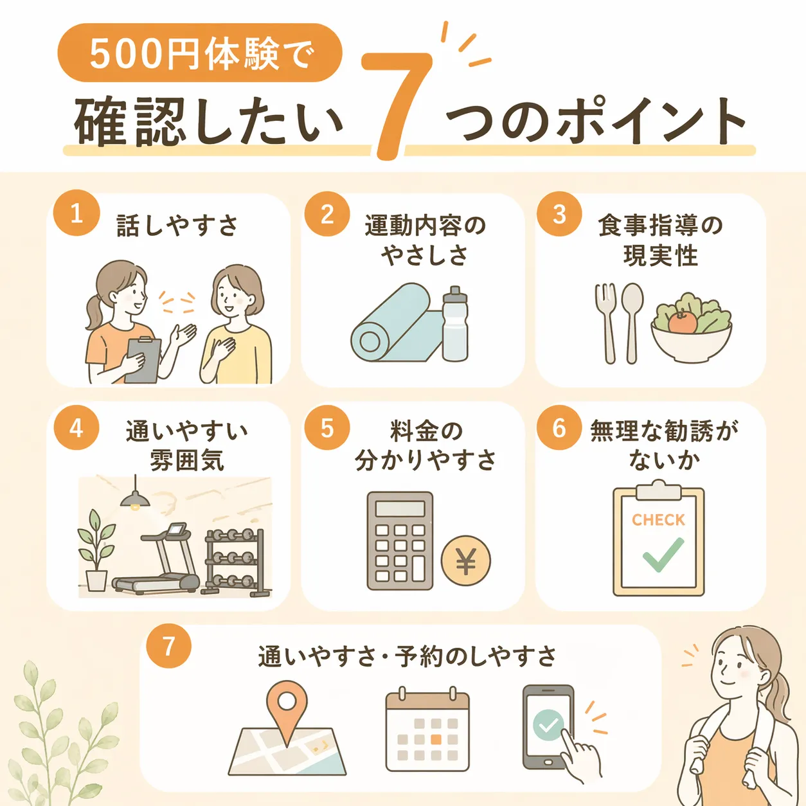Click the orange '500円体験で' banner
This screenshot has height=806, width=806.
tap(199, 53)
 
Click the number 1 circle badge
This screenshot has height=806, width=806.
tap(76, 213)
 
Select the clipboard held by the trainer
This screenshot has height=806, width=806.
tap(142, 359)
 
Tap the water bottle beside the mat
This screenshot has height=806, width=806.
tap(455, 325)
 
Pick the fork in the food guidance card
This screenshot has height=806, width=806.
tap(605, 321)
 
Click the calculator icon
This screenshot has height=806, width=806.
tap(399, 541)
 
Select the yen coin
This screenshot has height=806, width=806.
tap(465, 560)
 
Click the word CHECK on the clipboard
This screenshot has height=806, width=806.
tap(658, 520)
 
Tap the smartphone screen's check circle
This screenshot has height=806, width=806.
tap(548, 725)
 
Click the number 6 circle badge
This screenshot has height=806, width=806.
tap(559, 427)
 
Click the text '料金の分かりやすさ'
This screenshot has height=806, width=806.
tap(425, 445)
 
